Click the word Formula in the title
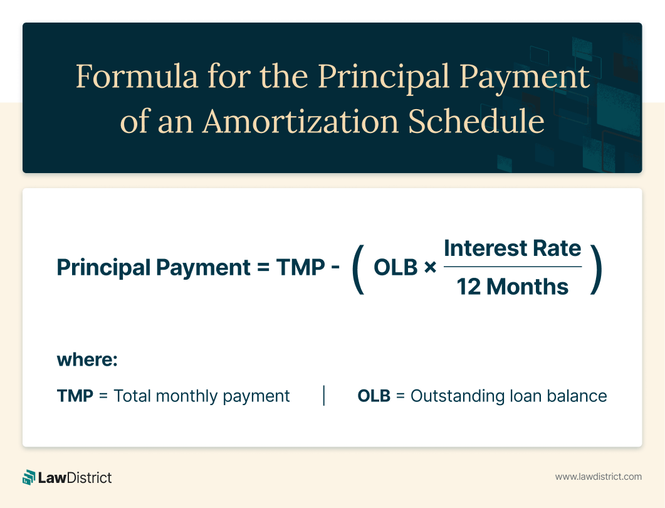137,76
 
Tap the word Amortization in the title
301,121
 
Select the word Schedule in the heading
476,121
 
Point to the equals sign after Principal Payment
263,268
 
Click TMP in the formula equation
300,267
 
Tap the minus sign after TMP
335,268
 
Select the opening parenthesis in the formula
359,268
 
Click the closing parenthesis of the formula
596,268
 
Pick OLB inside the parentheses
395,267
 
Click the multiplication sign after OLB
430,268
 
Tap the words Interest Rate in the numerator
512,248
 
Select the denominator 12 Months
512,287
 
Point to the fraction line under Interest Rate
512,267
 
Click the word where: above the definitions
87,360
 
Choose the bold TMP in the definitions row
75,396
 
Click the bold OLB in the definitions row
374,396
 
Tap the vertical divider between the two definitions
324,396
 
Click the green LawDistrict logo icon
29,477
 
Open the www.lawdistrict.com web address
599,477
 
